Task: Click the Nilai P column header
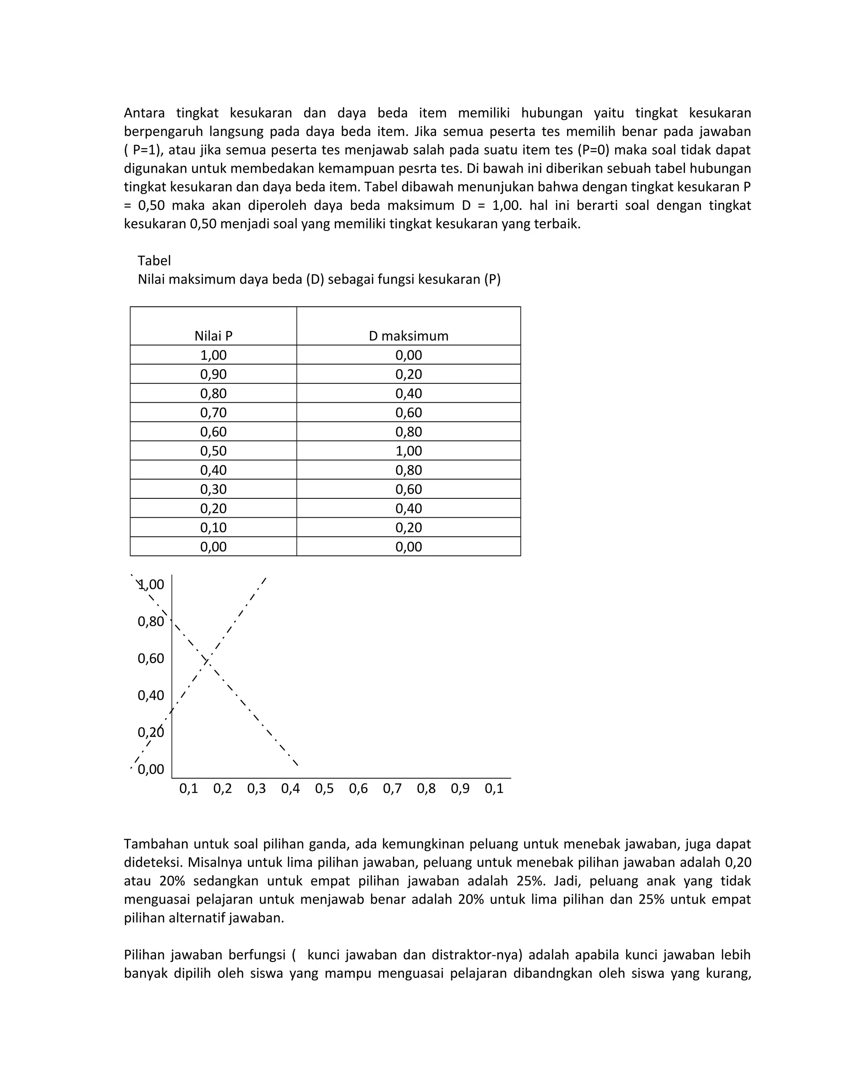click(x=213, y=336)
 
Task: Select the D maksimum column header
click(x=409, y=336)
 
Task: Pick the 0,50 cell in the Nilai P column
click(x=213, y=451)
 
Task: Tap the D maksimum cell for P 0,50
click(x=409, y=451)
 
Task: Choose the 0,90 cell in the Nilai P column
click(x=213, y=374)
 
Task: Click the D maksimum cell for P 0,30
click(x=409, y=489)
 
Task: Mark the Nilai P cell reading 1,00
click(x=213, y=355)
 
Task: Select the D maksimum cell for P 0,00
click(x=409, y=546)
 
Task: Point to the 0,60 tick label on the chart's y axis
click(x=150, y=659)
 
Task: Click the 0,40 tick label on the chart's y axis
click(x=150, y=695)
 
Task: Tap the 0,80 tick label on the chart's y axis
click(x=150, y=621)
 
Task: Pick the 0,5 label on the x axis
click(x=324, y=789)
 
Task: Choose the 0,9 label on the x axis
click(x=460, y=789)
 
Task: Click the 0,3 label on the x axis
click(x=257, y=789)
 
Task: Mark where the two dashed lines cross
click(x=207, y=661)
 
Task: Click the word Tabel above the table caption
click(x=154, y=261)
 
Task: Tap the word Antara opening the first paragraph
click(x=144, y=113)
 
